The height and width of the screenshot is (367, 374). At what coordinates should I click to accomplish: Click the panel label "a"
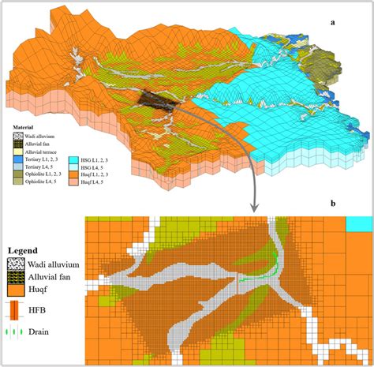tap(334, 22)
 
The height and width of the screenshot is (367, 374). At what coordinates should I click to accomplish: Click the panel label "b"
tap(334, 204)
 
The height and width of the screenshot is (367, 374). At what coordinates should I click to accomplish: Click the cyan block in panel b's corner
tap(359, 223)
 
